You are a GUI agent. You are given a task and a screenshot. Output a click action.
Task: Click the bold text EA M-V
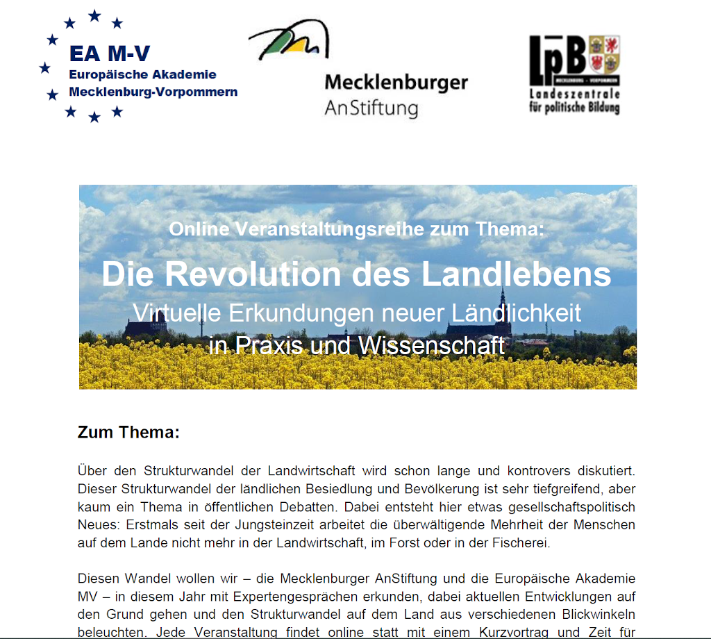click(x=109, y=55)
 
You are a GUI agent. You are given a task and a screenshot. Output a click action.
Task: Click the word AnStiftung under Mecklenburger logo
click(x=371, y=108)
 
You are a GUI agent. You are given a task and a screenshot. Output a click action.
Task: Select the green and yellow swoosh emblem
click(x=288, y=44)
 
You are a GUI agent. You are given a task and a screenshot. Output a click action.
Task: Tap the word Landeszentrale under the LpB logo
click(x=574, y=94)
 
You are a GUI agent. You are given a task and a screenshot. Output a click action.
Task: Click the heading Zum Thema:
click(x=128, y=433)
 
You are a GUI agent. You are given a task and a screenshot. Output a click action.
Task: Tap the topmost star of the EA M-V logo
click(x=94, y=15)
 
